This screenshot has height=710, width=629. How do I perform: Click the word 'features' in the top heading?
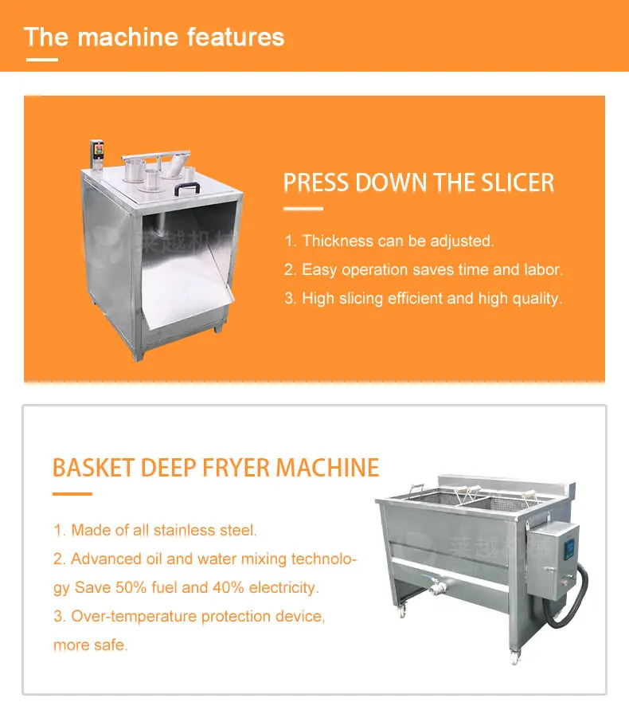(x=236, y=37)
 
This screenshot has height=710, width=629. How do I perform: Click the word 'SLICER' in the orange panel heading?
(x=518, y=182)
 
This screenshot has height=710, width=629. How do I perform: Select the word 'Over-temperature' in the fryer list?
(x=134, y=616)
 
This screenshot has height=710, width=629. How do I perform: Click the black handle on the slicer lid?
(x=187, y=188)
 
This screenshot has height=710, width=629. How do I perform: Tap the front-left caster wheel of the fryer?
(x=401, y=611)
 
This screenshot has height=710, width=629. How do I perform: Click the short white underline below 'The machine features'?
(x=42, y=59)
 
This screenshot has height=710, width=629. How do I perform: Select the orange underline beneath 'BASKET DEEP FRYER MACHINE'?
(x=72, y=493)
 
